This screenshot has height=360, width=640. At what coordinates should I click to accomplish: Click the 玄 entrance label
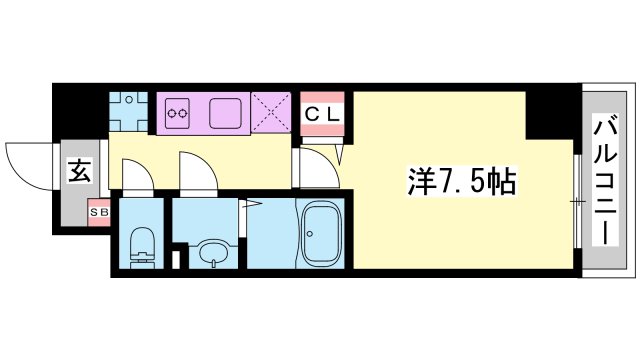click(x=79, y=171)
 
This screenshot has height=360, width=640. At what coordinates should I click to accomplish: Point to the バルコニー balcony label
click(x=605, y=181)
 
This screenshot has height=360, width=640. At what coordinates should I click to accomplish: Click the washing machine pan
click(x=129, y=112)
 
